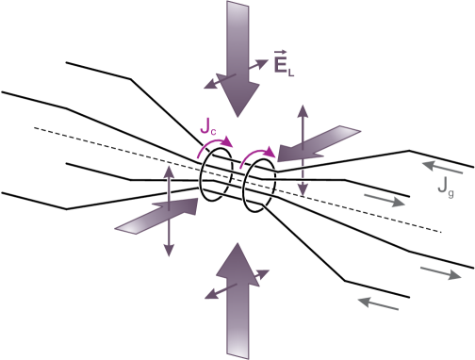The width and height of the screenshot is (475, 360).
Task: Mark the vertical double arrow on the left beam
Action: pyautogui.click(x=170, y=210)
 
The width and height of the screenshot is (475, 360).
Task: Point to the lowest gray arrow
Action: pyautogui.click(x=378, y=303)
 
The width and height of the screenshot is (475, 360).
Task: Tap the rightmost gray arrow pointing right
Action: pyautogui.click(x=440, y=273)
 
